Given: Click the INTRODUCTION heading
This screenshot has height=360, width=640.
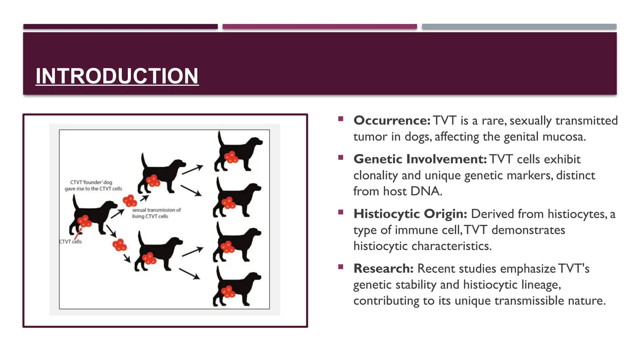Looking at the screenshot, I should click(117, 76).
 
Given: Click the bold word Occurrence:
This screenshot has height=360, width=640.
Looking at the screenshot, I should click(392, 121).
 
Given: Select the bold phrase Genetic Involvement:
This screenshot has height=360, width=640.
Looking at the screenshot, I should click(420, 159).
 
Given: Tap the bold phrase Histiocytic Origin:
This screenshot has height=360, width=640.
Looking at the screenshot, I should click(410, 214).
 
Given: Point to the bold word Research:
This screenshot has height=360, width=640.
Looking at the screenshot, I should click(383, 269).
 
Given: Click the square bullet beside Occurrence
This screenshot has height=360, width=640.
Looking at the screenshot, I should click(341, 119).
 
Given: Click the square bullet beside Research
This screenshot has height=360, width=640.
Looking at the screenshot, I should click(341, 267).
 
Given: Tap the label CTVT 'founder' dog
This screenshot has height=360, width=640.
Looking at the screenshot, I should click(91, 182).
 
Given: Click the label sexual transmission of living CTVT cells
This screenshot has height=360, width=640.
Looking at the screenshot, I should click(156, 213).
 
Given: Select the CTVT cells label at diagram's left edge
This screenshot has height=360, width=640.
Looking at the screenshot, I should click(71, 242).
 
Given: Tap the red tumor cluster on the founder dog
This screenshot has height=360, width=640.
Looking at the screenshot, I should click(84, 222).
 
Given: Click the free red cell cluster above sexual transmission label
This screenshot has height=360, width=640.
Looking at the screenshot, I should click(130, 201).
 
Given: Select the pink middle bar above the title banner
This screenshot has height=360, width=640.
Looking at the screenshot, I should click(319, 27).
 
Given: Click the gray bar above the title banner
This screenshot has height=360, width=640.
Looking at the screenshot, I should click(519, 27).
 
